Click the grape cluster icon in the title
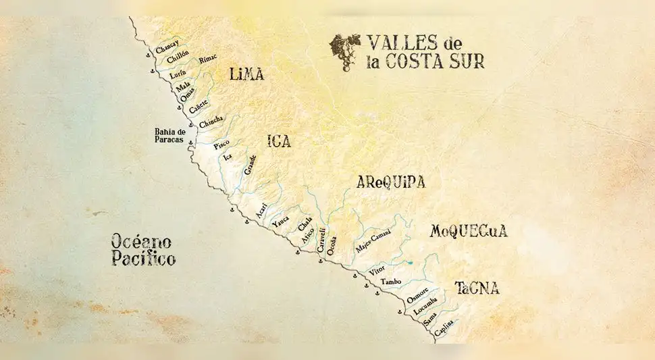(343, 51)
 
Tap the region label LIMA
(246, 74)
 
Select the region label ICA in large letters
(279, 141)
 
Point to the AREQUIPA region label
(391, 183)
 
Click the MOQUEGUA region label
(468, 231)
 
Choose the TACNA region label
(477, 288)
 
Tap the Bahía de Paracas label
(169, 135)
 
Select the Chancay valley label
(167, 49)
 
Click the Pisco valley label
(221, 145)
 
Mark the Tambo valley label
(392, 281)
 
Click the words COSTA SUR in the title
(444, 62)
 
